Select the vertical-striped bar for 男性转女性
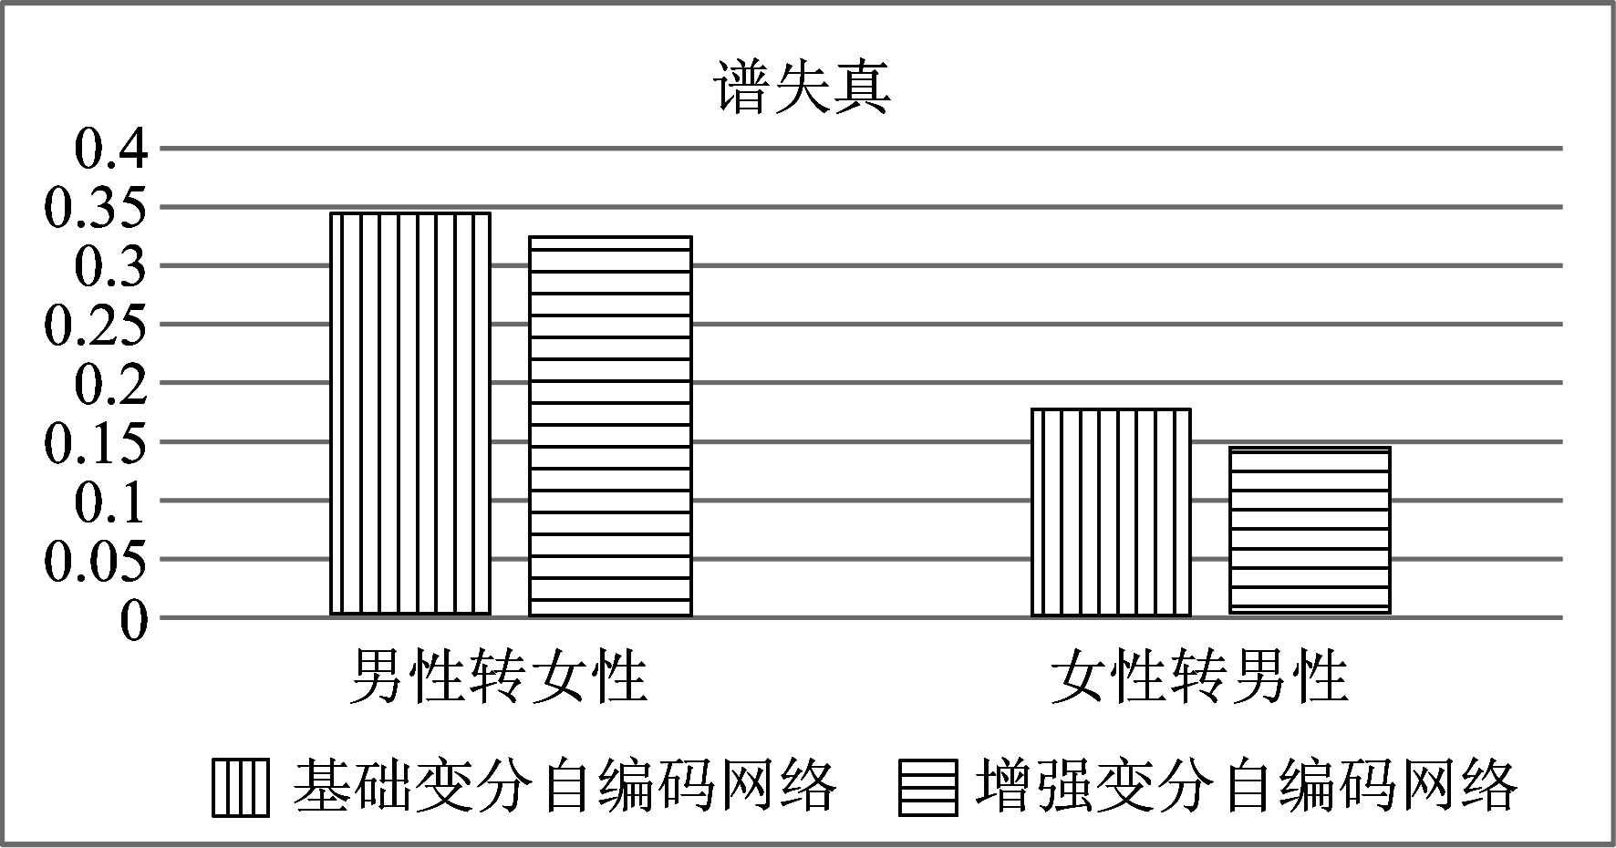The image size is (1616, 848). pos(410,414)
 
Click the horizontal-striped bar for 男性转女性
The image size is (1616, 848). pos(611,426)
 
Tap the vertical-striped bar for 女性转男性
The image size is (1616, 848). pos(1111,512)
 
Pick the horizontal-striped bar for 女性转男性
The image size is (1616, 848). pos(1310,531)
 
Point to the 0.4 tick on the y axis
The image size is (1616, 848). pos(110,149)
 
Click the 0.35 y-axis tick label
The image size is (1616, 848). pos(96,208)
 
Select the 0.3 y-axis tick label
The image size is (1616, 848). pos(110,266)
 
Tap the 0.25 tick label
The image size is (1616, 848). pos(96,325)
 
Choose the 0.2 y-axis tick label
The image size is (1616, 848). pos(110,383)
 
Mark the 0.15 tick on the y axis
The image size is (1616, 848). pos(96,442)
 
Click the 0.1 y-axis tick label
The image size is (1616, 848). pos(110,501)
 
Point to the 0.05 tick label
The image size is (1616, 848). pos(96,559)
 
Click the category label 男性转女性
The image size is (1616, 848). pos(499,677)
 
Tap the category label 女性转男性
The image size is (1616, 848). pos(1199,677)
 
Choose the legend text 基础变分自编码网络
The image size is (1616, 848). pos(565,785)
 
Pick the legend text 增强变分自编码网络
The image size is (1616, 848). pos(1247,785)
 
